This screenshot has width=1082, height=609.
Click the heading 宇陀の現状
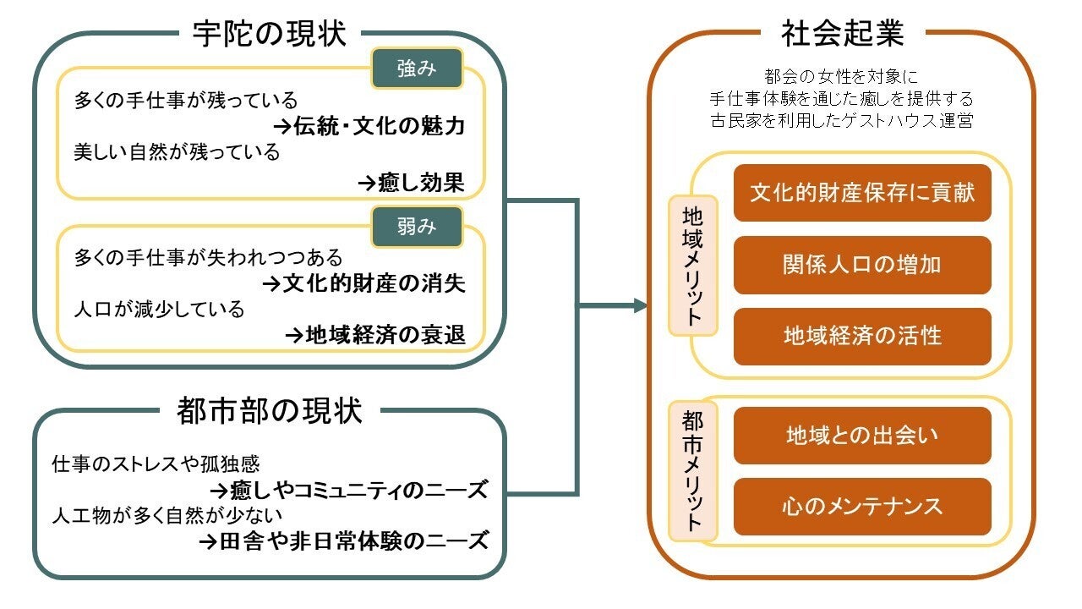coord(269,34)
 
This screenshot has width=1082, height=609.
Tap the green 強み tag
coord(417,69)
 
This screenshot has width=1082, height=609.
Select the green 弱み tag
coord(417,227)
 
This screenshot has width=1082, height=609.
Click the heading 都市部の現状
coord(269,412)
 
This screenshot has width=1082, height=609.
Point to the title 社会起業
coord(843,34)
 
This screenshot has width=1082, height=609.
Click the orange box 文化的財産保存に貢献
coord(862,193)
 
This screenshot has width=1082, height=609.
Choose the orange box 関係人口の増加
coord(862,265)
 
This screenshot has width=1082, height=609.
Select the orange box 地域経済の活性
coord(862,337)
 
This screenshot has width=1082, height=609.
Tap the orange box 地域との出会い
coord(862,436)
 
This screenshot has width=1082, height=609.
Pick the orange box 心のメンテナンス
coord(862,507)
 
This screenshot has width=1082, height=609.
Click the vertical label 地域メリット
coord(692,265)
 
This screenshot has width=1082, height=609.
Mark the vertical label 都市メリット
coord(692,470)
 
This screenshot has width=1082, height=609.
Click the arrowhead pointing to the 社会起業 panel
coord(641,305)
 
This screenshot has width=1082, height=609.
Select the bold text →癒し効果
coord(411,181)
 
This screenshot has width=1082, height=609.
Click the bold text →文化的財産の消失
coord(364,283)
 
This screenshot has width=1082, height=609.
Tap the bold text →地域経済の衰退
coord(375,335)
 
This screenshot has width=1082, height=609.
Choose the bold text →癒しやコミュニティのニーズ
coord(348,489)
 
